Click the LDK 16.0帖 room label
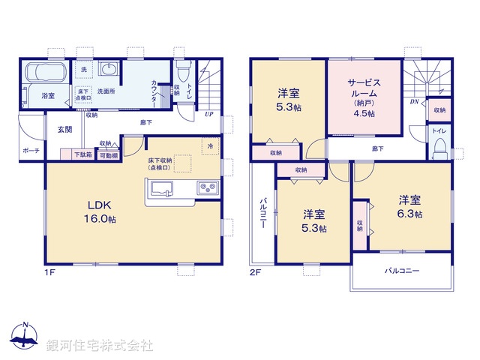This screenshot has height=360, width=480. tap(100, 212)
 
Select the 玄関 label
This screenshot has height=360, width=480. tap(64, 130)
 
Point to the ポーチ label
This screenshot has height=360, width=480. tap(31, 150)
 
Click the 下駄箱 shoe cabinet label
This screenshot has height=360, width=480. tap(82, 154)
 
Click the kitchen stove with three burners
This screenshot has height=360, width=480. tap(208, 187)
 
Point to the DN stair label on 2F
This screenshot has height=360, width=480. tap(414, 101)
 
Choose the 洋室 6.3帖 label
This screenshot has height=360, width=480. tap(409, 206)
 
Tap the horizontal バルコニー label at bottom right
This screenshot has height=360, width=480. tap(402, 270)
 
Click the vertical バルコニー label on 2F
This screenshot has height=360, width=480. tap(264, 214)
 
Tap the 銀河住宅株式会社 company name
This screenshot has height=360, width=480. tap(100, 345)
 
